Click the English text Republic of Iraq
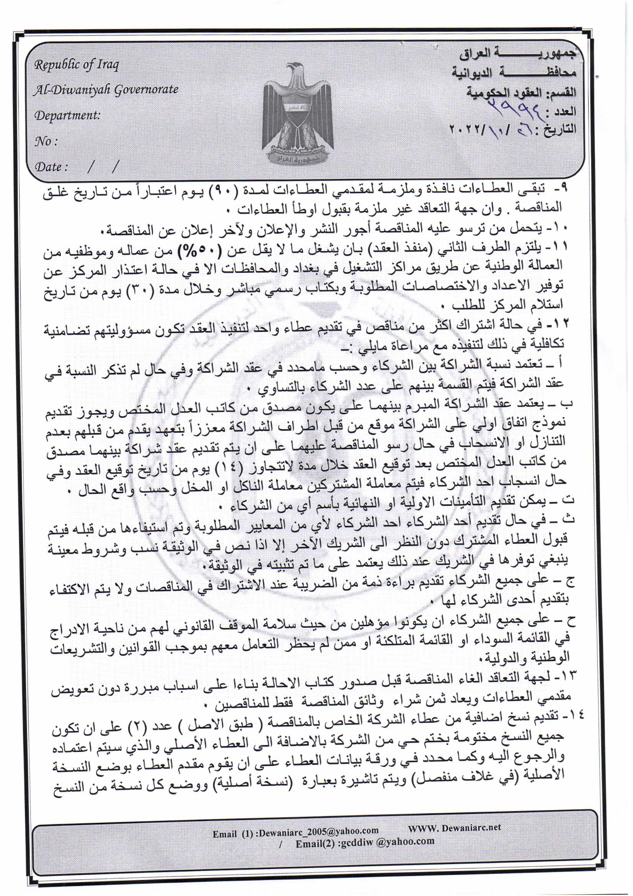pos(77,65)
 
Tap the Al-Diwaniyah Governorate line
pos(106,90)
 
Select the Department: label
pos(67,115)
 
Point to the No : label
pos(46,141)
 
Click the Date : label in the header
pos(51,167)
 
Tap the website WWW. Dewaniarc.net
pos(455,827)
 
